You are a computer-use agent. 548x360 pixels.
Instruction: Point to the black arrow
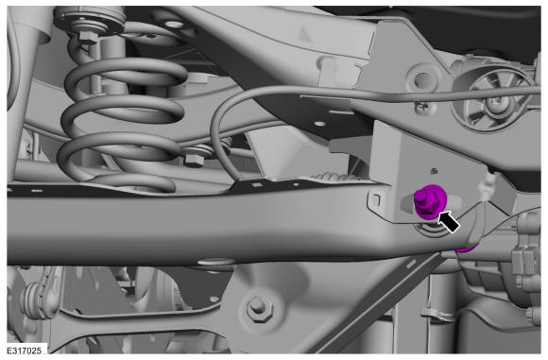click(x=449, y=221)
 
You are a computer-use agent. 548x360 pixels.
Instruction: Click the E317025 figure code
click(x=25, y=351)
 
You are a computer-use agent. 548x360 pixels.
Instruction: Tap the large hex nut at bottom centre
click(x=259, y=308)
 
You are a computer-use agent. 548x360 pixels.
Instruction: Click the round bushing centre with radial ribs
click(x=494, y=101)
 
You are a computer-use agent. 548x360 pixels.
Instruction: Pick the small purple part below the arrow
click(x=467, y=248)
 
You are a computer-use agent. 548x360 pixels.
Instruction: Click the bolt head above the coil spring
click(x=87, y=37)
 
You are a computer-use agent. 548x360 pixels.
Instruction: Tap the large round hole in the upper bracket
click(x=423, y=79)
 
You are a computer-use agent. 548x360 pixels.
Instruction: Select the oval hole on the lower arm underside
click(x=216, y=262)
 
